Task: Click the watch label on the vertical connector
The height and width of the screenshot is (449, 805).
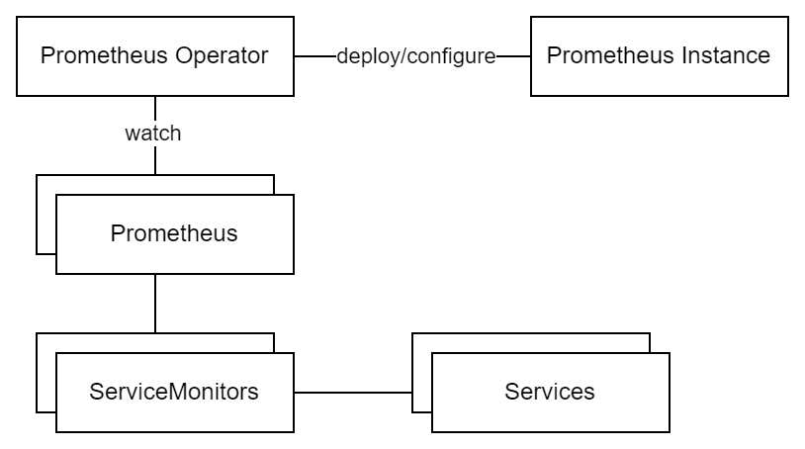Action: (153, 134)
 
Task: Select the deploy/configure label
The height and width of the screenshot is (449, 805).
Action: (415, 56)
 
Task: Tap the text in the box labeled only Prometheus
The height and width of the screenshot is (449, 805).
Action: (174, 234)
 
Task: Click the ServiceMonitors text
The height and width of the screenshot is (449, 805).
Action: (174, 392)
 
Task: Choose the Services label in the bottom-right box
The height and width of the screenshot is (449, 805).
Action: (550, 392)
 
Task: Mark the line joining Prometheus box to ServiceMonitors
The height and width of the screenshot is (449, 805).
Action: (155, 304)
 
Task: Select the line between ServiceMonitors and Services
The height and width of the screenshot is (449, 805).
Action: (352, 393)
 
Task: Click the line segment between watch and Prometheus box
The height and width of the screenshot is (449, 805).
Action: (155, 160)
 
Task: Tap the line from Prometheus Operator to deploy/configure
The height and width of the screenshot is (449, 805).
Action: (314, 56)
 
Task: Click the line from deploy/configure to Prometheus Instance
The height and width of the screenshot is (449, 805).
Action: (512, 56)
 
